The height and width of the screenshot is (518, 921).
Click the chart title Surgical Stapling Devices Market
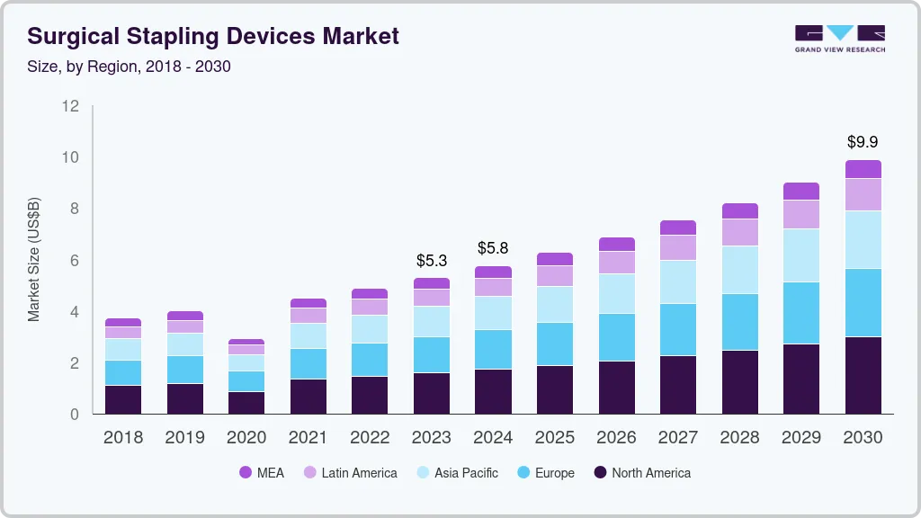coord(213,36)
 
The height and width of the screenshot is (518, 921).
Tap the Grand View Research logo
coord(839,38)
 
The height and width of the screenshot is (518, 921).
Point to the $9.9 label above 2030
coord(863,142)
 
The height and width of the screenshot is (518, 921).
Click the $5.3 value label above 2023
coord(432,261)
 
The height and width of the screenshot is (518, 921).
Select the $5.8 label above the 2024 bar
coord(493,247)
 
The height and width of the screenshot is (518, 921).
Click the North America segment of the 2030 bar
coord(863,375)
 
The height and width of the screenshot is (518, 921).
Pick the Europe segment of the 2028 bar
coord(739,322)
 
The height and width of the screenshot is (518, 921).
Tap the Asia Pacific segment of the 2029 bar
coord(801,255)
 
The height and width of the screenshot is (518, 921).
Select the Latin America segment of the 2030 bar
coord(863,194)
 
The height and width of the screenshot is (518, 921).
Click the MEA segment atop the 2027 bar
coord(678,228)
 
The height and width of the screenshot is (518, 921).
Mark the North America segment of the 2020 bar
coord(246,403)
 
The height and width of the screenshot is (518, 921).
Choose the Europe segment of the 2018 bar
coord(123,373)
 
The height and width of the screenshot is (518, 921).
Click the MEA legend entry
coord(262,472)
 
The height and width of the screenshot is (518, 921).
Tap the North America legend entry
coord(642,472)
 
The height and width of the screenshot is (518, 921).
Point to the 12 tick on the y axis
coord(70,106)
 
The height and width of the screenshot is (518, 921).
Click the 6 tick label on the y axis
coord(75,261)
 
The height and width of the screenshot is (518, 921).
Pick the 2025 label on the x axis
coord(555,438)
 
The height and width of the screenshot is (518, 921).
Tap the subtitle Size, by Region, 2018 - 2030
coord(129,67)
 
